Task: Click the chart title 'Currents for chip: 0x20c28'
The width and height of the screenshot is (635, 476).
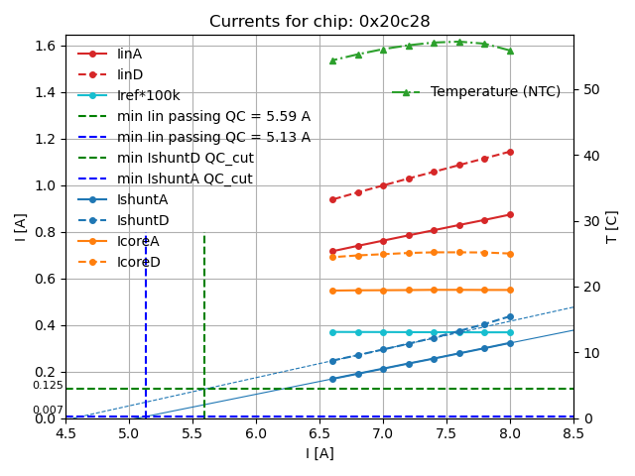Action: click(x=319, y=22)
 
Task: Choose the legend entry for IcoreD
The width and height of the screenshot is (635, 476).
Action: click(x=138, y=262)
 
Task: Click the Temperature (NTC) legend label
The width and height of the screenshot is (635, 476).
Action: click(x=495, y=91)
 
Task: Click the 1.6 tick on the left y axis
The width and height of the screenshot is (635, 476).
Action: click(x=46, y=46)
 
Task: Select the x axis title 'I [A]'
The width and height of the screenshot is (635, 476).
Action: click(x=319, y=453)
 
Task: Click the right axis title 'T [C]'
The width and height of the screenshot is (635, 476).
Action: click(x=612, y=227)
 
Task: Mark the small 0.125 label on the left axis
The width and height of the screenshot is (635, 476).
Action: click(x=48, y=385)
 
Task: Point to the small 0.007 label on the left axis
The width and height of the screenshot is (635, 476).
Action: click(x=48, y=410)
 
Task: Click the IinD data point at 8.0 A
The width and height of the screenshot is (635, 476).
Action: click(x=510, y=152)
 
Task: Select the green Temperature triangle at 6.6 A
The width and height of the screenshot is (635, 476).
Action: click(x=332, y=60)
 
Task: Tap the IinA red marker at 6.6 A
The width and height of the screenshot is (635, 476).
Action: click(x=332, y=251)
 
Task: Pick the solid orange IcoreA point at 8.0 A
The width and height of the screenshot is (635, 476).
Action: click(x=510, y=290)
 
